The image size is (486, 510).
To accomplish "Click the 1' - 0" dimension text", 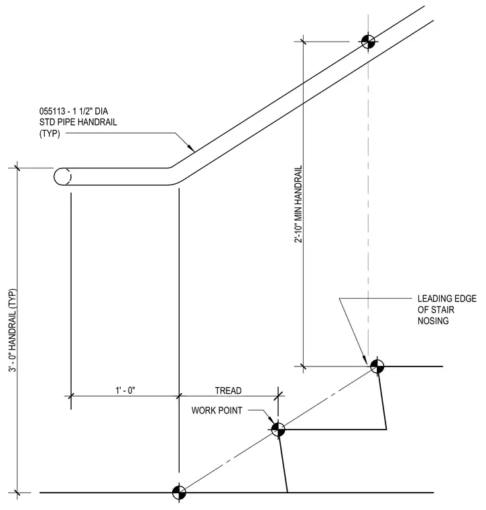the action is click(125, 390).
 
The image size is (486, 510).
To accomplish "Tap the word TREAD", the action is click(228, 391).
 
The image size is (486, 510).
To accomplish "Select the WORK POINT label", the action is click(217, 411).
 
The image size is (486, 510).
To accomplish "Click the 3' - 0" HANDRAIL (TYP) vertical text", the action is click(12, 331).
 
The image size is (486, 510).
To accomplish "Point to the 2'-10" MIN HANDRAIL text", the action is click(298, 204).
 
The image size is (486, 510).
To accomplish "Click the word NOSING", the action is click(433, 321).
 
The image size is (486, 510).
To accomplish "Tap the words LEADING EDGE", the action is click(447, 299).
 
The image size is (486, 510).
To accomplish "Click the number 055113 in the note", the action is click(52, 111).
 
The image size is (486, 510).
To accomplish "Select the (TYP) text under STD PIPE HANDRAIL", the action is click(50, 134).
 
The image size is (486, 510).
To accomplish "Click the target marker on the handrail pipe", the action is click(368, 42).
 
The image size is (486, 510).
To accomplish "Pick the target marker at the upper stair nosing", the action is click(377, 366).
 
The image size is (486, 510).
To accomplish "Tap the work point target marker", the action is click(278, 429).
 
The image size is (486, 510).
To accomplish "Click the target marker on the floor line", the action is click(179, 493).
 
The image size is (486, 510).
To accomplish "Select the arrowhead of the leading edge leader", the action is click(365, 360).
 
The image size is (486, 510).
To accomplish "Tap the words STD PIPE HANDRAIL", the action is click(78, 122).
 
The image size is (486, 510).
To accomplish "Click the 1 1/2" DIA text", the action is click(90, 111).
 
